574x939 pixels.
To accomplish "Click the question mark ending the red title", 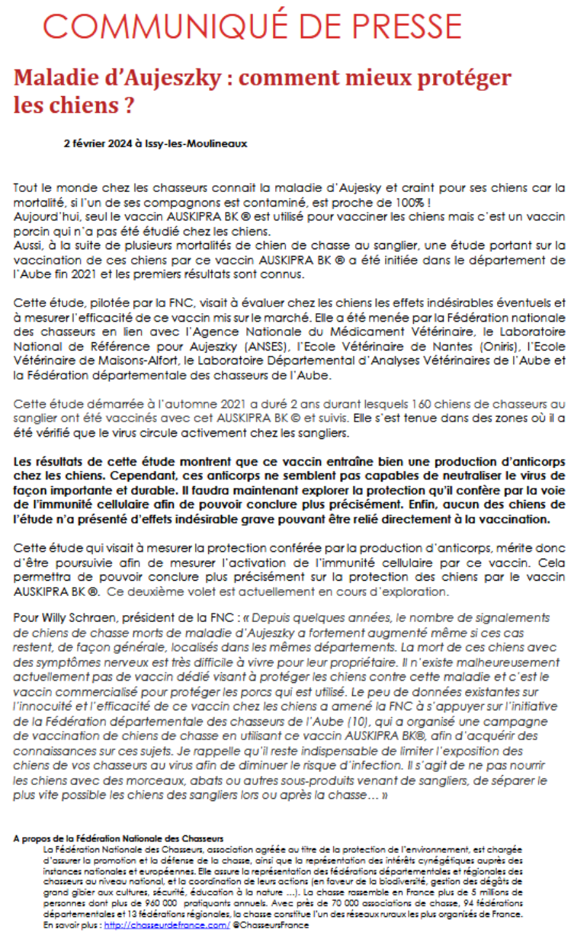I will [133, 104].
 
